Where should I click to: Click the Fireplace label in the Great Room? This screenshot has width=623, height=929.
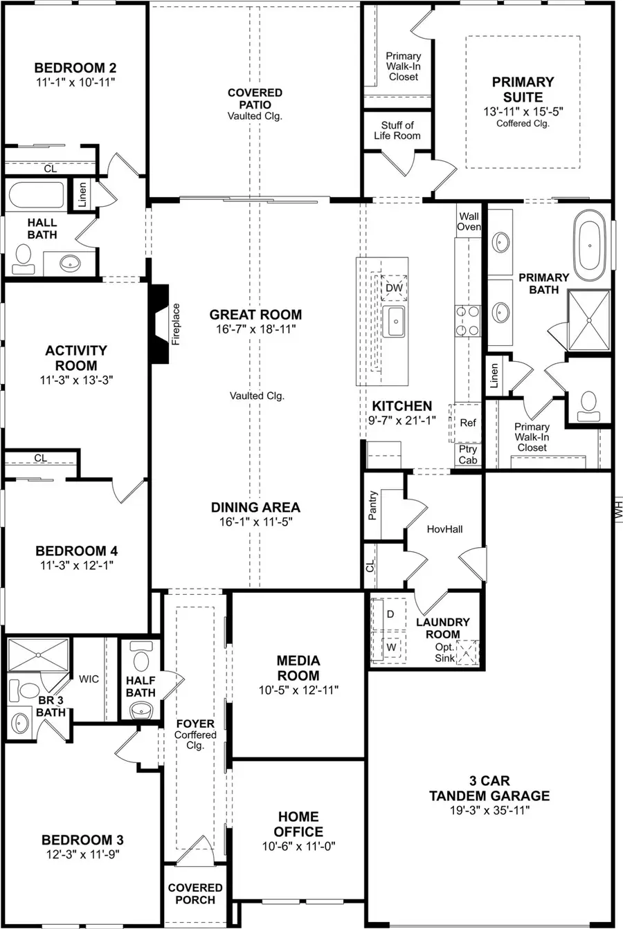(176, 324)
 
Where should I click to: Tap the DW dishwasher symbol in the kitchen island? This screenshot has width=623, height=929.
(394, 288)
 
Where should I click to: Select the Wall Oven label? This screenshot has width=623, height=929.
(469, 221)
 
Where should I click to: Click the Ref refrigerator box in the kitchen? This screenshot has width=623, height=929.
(468, 422)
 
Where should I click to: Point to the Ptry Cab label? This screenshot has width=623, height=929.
(468, 454)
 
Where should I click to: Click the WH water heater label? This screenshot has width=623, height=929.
(617, 511)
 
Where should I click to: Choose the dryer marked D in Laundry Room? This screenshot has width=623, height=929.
(390, 614)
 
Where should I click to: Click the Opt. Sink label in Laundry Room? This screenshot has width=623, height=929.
(445, 652)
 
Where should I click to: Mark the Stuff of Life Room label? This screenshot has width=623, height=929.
(397, 130)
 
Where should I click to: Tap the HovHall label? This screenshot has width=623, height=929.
(444, 529)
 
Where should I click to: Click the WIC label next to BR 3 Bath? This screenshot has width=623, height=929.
(89, 679)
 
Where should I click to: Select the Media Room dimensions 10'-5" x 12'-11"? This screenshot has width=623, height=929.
(298, 690)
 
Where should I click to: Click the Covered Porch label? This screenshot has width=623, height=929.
(195, 893)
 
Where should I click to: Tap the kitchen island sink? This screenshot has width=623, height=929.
(396, 322)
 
